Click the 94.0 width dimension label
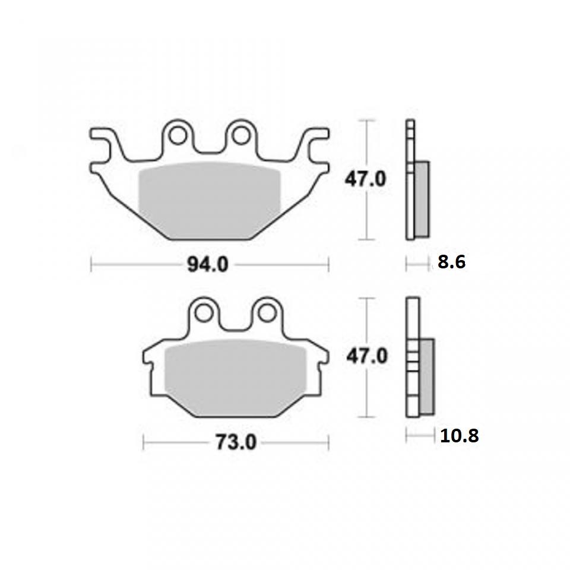pyautogui.click(x=208, y=265)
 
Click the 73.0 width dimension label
pyautogui.click(x=235, y=443)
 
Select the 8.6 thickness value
pyautogui.click(x=451, y=262)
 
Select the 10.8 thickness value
pyautogui.click(x=459, y=436)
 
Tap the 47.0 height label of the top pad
pyautogui.click(x=367, y=179)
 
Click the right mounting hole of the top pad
pyautogui.click(x=240, y=135)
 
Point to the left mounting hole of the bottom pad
pyautogui.click(x=204, y=312)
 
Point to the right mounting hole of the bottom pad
pyautogui.click(x=267, y=312)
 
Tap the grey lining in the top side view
pyautogui.click(x=422, y=199)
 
